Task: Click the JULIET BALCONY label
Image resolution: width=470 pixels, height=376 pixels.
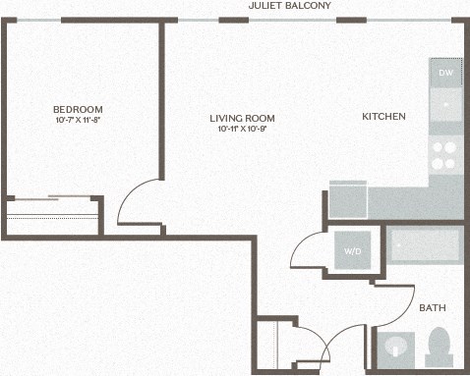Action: click(x=291, y=6)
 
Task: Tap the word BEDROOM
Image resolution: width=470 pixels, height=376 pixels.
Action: click(x=78, y=109)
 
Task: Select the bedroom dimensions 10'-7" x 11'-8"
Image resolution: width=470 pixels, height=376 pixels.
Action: click(x=78, y=120)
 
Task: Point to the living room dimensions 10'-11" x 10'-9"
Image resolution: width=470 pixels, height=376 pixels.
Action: click(x=239, y=129)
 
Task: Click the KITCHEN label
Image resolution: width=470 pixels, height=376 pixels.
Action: click(x=383, y=117)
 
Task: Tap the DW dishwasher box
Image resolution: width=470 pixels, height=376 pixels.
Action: click(x=445, y=74)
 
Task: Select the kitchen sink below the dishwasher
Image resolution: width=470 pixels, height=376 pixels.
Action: click(x=445, y=103)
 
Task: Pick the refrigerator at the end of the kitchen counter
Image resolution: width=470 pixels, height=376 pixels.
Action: click(x=347, y=200)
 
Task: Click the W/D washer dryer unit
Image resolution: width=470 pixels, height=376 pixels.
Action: click(x=352, y=251)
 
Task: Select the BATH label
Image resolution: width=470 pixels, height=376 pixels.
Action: click(x=433, y=308)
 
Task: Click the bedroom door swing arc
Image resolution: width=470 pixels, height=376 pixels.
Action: click(x=138, y=202)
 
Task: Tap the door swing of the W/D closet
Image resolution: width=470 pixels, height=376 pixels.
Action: click(x=313, y=252)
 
